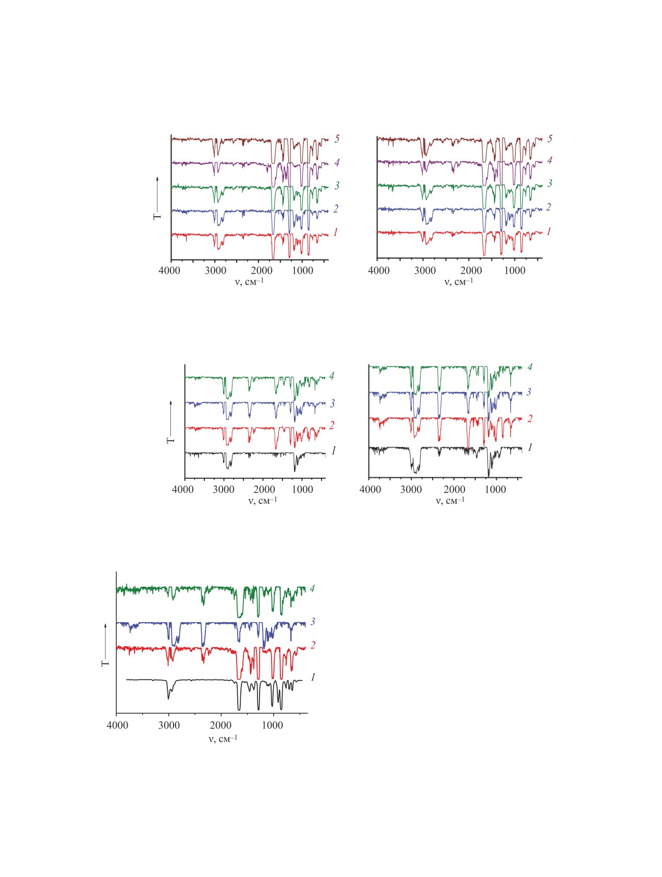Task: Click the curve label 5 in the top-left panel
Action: (x=337, y=139)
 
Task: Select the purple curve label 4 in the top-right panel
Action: (x=549, y=160)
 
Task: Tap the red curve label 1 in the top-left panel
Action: (x=336, y=232)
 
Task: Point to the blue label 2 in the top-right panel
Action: (x=548, y=207)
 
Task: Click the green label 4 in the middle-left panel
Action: (x=332, y=376)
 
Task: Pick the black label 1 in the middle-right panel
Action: (x=530, y=447)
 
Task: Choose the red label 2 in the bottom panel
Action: (x=313, y=645)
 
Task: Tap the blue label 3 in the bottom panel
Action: (x=313, y=621)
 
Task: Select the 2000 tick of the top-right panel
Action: (x=471, y=270)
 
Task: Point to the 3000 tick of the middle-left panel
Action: (x=224, y=489)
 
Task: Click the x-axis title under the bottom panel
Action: (x=223, y=738)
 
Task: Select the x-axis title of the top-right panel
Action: (x=459, y=282)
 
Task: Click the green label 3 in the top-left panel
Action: (x=337, y=185)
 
